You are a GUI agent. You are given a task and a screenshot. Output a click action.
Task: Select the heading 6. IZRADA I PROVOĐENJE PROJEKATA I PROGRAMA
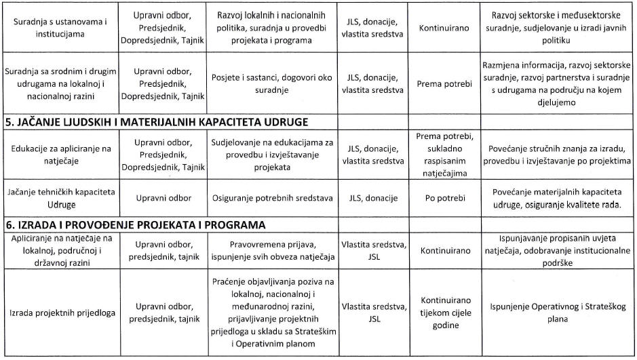(x=135, y=224)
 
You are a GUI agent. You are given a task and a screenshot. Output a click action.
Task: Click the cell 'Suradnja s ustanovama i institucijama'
(x=59, y=27)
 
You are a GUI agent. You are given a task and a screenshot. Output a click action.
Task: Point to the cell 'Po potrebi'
(x=444, y=198)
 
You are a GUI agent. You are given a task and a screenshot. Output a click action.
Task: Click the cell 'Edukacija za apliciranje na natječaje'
(x=59, y=155)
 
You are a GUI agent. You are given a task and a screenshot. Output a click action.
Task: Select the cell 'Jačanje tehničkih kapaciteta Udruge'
(x=59, y=198)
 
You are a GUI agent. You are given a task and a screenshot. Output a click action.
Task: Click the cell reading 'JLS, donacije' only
(x=373, y=198)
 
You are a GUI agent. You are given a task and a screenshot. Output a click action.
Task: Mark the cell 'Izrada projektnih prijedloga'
(x=59, y=313)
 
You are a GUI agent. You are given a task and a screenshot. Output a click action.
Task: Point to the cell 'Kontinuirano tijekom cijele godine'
(x=444, y=312)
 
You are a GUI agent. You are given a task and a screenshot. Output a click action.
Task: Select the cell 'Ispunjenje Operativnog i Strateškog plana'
(x=558, y=313)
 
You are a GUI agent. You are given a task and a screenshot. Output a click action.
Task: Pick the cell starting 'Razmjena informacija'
(x=558, y=83)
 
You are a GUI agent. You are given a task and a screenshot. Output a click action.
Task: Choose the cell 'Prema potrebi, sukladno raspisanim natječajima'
(x=444, y=154)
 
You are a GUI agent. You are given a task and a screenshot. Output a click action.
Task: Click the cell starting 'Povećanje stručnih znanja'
(x=558, y=155)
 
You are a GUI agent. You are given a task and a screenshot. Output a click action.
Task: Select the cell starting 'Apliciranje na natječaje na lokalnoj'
(x=59, y=250)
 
